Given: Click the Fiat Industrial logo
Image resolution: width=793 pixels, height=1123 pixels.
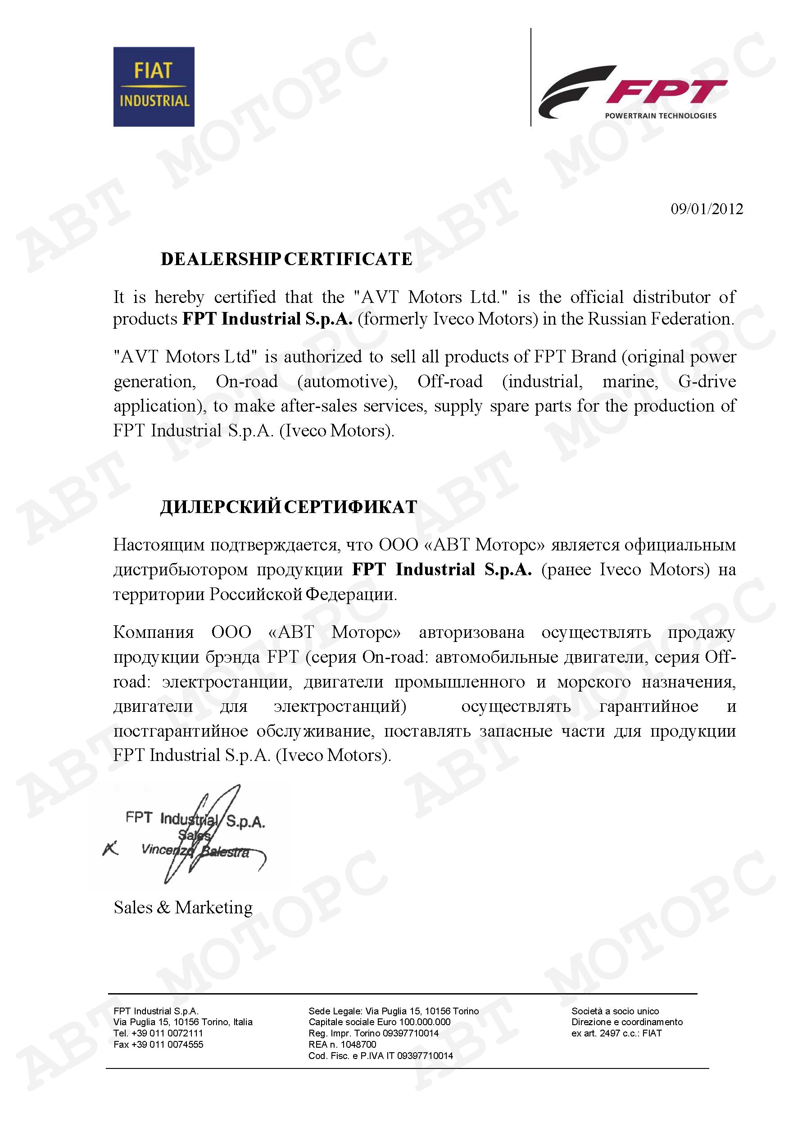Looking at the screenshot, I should (x=154, y=87).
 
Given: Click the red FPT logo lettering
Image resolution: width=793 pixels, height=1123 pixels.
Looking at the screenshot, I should (x=667, y=92).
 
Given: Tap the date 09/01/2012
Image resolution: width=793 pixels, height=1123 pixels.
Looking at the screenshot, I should (x=707, y=209).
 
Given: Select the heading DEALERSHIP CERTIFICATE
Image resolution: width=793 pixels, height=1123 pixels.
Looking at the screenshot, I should (x=286, y=259).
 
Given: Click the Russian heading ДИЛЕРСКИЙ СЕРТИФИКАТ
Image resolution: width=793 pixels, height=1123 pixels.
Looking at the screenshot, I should (x=288, y=507).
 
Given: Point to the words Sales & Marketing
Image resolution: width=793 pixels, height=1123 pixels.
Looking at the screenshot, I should (x=183, y=908).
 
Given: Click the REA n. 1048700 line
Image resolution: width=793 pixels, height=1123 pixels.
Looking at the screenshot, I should (x=342, y=1044).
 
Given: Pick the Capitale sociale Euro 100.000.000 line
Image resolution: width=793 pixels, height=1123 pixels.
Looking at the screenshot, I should (x=379, y=1022).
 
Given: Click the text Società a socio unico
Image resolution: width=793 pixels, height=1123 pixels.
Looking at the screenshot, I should (x=615, y=1011).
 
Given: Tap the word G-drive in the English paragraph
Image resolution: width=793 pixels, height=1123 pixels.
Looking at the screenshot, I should (x=707, y=381).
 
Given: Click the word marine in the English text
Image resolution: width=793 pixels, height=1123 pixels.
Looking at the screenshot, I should (x=630, y=381).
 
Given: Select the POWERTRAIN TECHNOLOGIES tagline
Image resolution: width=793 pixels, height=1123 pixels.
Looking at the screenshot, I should (x=661, y=116).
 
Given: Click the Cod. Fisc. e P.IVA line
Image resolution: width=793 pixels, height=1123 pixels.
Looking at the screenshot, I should (x=380, y=1055).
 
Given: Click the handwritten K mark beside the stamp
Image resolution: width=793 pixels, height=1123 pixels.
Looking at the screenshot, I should (x=110, y=848).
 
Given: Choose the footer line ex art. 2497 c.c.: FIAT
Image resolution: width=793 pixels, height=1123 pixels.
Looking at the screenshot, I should (x=616, y=1033).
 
